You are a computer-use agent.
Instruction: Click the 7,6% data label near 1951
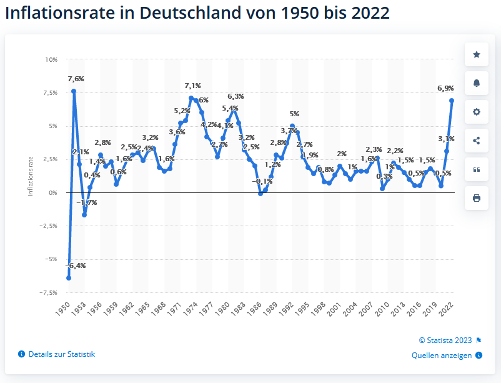[76, 79]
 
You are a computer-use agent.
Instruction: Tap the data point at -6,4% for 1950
[69, 277]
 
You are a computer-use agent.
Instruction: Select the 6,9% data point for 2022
[452, 101]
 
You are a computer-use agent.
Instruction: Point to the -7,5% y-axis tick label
[48, 292]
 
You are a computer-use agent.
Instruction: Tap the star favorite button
[477, 54]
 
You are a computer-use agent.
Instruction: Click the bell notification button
[477, 83]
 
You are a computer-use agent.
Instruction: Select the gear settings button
[477, 112]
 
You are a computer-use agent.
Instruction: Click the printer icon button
[477, 198]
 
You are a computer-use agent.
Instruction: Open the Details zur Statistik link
[61, 354]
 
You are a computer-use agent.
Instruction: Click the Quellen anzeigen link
[442, 356]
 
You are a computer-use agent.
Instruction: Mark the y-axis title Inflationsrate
[31, 176]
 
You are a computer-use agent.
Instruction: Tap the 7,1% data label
[192, 86]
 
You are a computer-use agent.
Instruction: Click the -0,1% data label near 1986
[262, 181]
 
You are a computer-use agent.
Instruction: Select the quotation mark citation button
[477, 169]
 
